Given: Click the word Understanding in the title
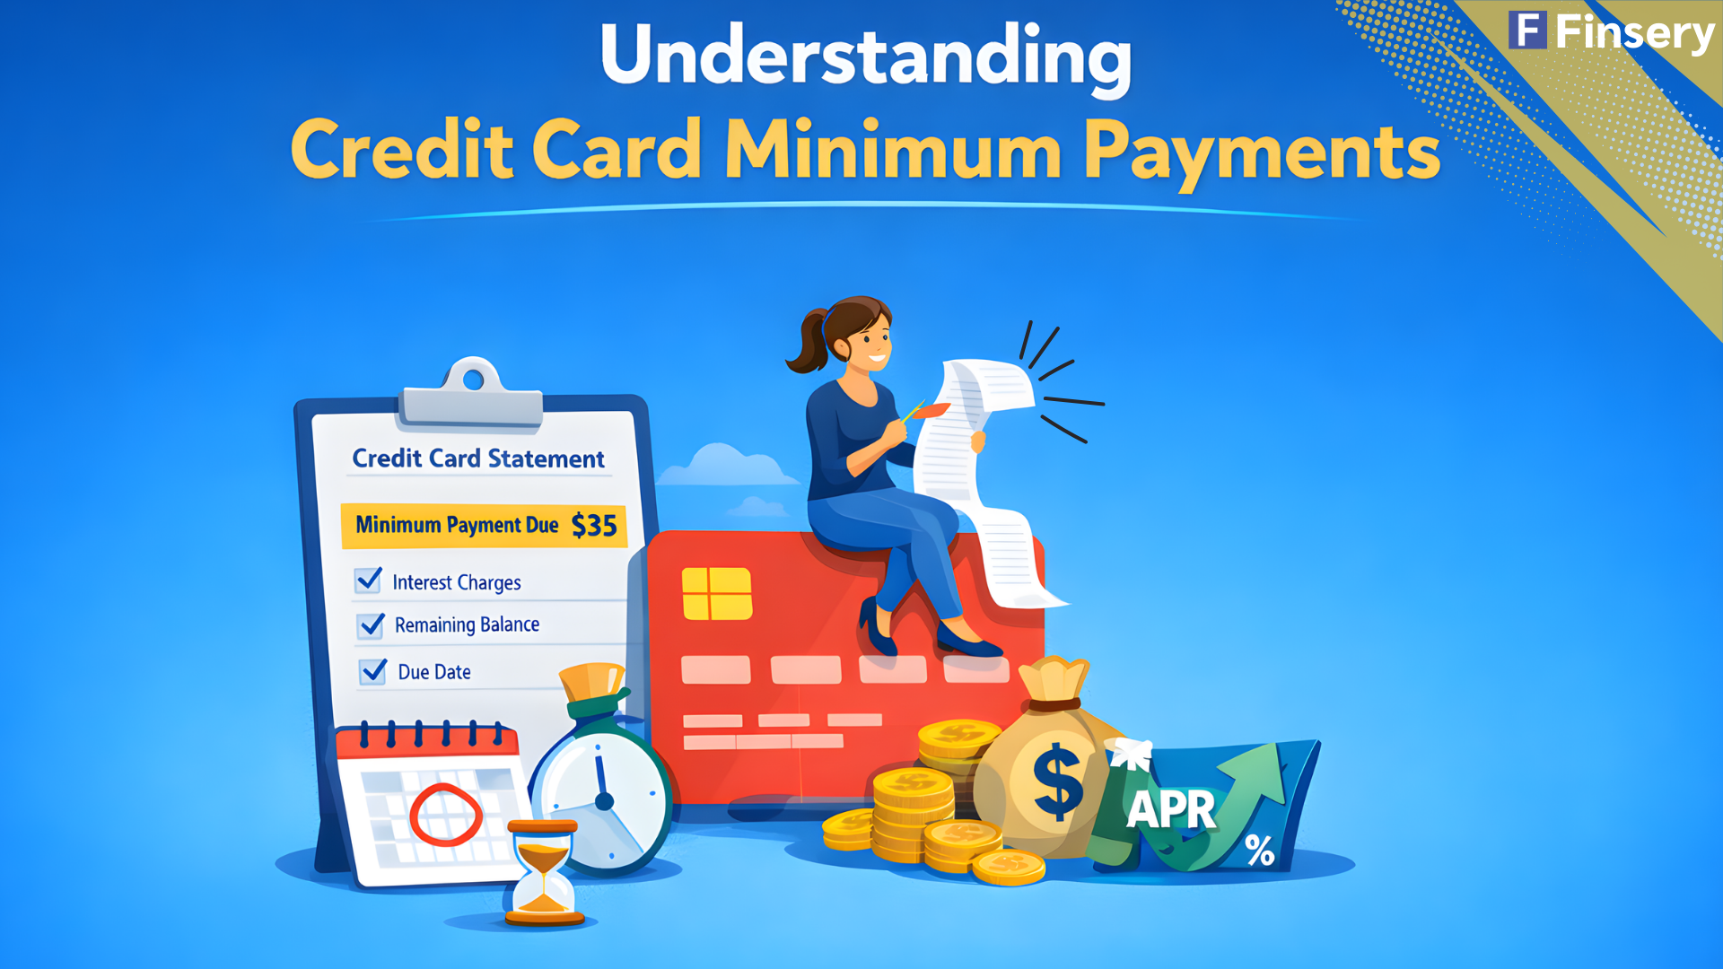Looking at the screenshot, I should click(865, 56).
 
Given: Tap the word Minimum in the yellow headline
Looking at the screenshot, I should click(893, 151).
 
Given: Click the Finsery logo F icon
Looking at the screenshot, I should click(1527, 31).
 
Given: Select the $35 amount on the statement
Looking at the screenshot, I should click(594, 525).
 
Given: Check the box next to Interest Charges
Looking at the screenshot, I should click(369, 581).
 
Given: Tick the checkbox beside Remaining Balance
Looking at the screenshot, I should click(372, 624).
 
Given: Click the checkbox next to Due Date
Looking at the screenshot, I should click(373, 671).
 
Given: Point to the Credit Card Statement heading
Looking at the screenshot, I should click(478, 458).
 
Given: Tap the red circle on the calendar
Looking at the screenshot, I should click(445, 815).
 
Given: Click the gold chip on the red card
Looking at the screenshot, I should click(716, 593).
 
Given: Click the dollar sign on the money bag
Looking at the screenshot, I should click(1058, 780).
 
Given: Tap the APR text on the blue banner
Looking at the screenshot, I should click(1171, 809).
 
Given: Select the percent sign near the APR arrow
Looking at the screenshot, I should click(1259, 850).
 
